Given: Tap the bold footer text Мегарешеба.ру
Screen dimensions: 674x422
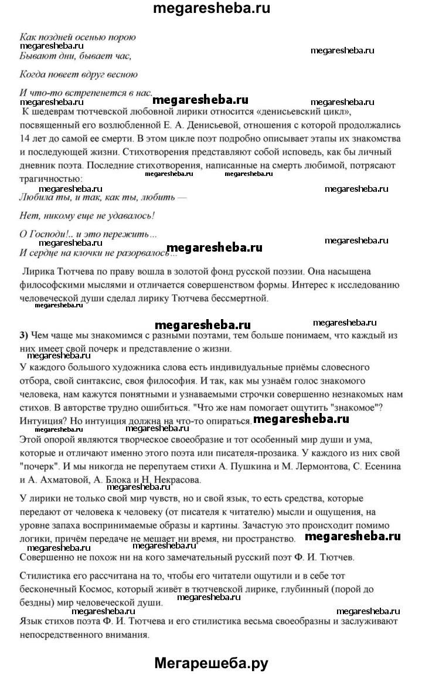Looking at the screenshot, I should [211, 663].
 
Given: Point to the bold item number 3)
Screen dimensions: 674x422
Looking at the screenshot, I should [24, 336].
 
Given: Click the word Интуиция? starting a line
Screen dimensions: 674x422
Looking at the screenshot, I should [44, 421].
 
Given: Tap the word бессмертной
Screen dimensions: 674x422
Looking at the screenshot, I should [238, 299].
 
